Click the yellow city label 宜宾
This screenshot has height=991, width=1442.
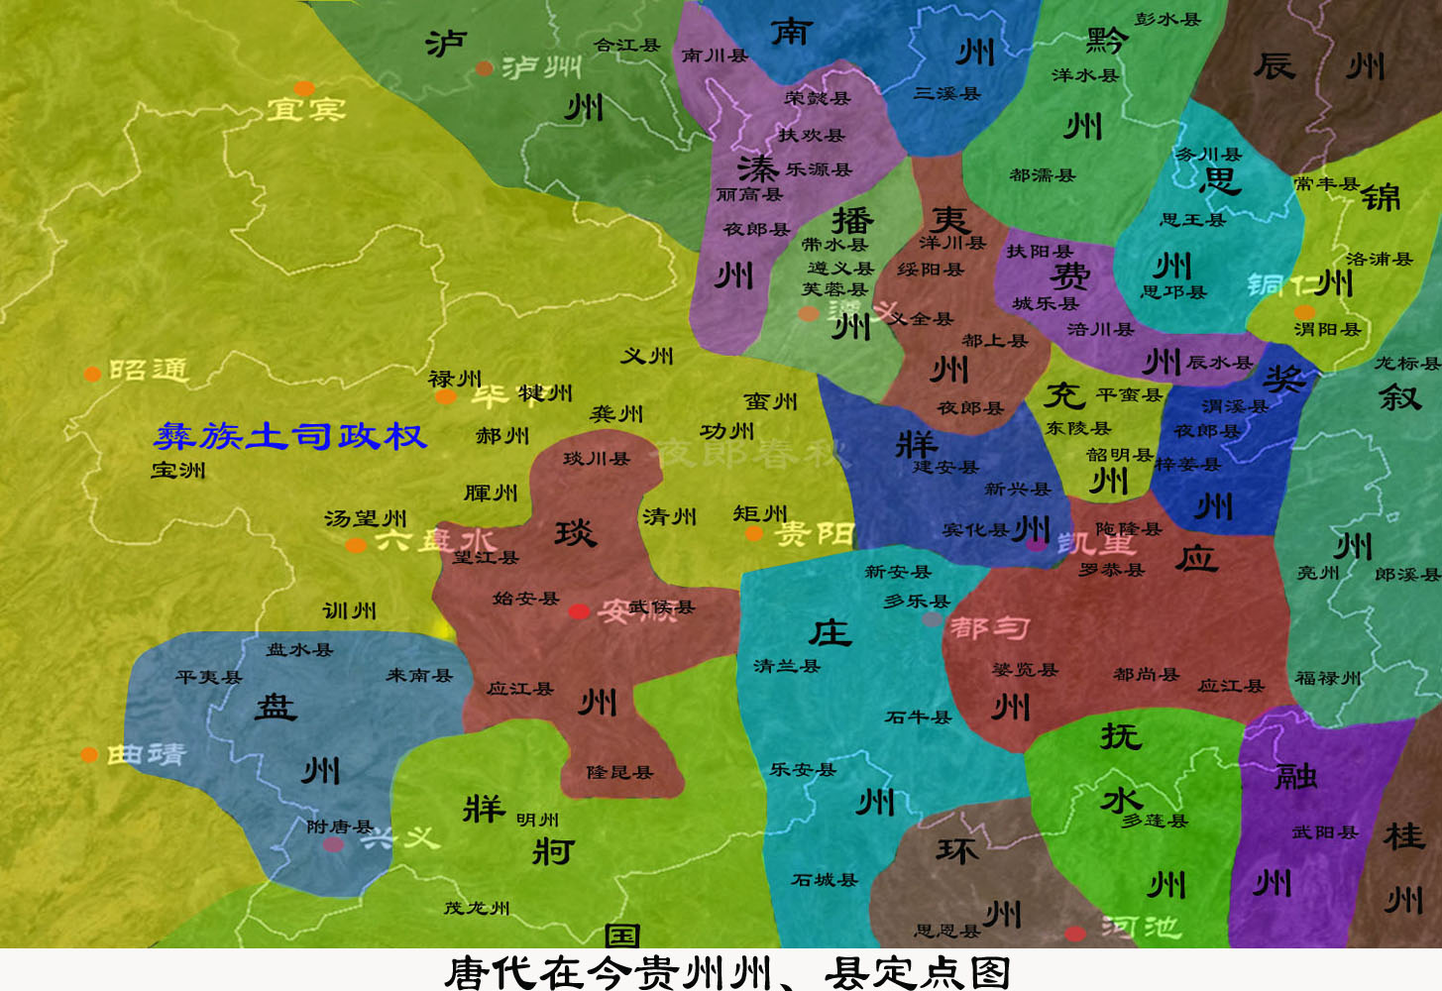click(306, 108)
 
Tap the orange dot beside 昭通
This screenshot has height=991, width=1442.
click(92, 374)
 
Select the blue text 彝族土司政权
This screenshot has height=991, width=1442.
click(290, 436)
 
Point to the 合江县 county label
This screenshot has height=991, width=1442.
click(627, 46)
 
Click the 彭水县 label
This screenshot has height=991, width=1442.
click(1167, 19)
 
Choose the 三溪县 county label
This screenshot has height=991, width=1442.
click(946, 93)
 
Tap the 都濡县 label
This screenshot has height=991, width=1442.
click(1042, 175)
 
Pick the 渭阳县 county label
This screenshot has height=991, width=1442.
click(1327, 329)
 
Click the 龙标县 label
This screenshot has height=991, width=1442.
click(1406, 363)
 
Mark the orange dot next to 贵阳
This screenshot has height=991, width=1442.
click(754, 534)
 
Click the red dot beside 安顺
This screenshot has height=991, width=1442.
click(579, 611)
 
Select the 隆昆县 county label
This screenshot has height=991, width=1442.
click(619, 772)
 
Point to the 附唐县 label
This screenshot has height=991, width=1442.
click(339, 826)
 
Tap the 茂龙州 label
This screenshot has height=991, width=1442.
click(477, 908)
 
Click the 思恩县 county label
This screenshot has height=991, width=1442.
click(946, 931)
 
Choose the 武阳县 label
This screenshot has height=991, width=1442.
click(1324, 832)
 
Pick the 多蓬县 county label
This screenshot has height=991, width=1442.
click(1154, 821)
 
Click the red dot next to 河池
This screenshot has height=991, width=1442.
click(1075, 933)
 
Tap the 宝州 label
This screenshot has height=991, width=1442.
click(178, 470)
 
